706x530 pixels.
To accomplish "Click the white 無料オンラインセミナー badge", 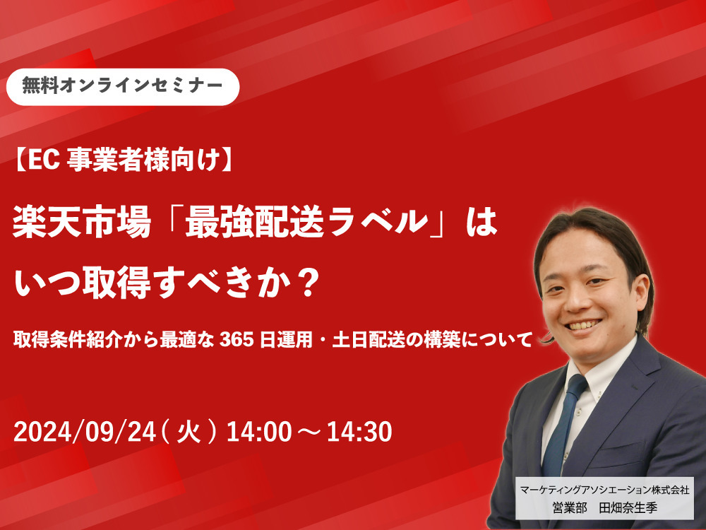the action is (122, 86).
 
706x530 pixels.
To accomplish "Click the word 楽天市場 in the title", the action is (82, 223).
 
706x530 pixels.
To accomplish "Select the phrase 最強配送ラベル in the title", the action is (306, 223).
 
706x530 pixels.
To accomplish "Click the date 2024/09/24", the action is (85, 432).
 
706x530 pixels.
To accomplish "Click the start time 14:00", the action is (259, 432).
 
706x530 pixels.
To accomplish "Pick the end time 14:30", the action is (359, 432).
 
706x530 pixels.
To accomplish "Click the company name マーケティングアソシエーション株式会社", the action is (605, 490).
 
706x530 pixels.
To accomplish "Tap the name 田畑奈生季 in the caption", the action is (628, 508).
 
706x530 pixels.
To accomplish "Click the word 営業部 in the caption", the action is (570, 508).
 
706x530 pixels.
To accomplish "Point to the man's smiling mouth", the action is (584, 324).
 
